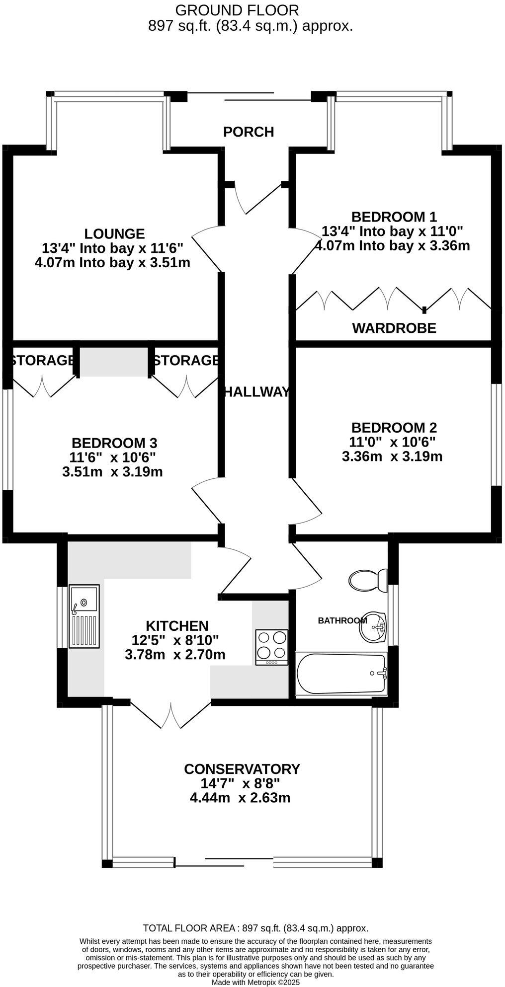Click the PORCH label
click(249, 132)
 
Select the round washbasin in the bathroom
click(373, 627)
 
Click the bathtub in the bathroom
click(341, 674)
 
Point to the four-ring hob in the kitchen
click(271, 647)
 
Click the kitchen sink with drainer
click(84, 616)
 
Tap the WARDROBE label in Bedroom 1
click(394, 328)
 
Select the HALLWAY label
click(256, 392)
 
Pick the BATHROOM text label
click(342, 620)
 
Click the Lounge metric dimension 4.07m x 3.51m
click(112, 263)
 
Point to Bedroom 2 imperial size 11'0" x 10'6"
click(393, 442)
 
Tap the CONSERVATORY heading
click(242, 769)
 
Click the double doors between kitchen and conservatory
click(170, 715)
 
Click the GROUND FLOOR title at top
click(237, 10)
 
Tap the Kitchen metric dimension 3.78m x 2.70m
click(175, 655)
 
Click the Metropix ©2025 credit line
click(256, 982)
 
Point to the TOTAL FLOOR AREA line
click(255, 928)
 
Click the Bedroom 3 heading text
click(114, 443)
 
